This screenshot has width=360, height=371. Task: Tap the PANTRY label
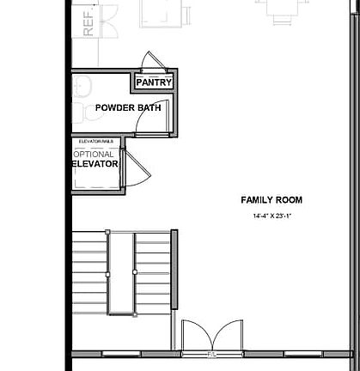click(x=155, y=83)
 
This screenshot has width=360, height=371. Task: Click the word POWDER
click(x=115, y=108)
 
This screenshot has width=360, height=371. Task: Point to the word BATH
click(x=150, y=108)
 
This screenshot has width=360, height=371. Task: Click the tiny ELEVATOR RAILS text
click(x=95, y=141)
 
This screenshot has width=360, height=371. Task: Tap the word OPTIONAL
click(x=94, y=155)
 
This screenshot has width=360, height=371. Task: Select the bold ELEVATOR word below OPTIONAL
click(x=95, y=163)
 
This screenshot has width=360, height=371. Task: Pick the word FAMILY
click(x=259, y=200)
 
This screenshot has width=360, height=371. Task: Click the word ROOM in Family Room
click(x=290, y=200)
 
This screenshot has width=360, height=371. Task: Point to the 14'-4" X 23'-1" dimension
click(x=273, y=216)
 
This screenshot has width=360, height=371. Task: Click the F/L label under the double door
click(x=211, y=353)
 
